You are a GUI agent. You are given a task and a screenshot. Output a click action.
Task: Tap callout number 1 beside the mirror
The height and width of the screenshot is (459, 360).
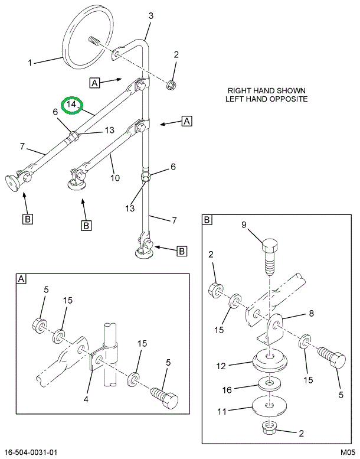point(29,61)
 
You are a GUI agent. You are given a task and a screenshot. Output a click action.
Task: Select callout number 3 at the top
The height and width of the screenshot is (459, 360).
point(150,17)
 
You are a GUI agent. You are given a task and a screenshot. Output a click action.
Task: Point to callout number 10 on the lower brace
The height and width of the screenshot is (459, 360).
point(116,178)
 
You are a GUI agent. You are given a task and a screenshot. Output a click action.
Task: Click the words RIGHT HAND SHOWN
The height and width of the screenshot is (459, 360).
point(267,90)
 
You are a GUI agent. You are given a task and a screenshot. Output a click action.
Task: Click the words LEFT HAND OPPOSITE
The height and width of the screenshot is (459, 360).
point(267,99)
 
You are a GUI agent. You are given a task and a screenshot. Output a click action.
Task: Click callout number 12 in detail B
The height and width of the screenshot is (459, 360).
point(221,366)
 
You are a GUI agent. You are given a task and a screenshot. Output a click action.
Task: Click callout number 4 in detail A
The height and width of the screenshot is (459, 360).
point(86,399)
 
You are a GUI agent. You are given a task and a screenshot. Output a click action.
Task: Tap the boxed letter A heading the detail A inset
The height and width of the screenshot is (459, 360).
point(21,279)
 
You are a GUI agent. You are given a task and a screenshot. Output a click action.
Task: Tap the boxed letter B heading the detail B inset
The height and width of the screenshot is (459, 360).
point(208,220)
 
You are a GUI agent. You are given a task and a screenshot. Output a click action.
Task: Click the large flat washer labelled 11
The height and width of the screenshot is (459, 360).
point(269,407)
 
